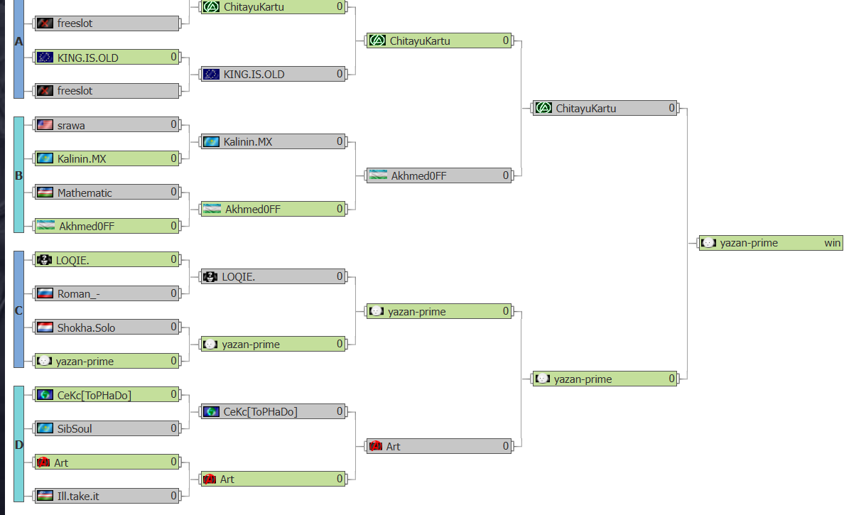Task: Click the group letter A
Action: click(x=18, y=41)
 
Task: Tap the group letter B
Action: click(x=18, y=175)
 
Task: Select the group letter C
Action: click(x=18, y=310)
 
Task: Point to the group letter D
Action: click(x=18, y=445)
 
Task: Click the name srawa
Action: click(x=71, y=126)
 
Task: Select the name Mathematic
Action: click(x=85, y=193)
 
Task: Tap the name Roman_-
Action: click(x=78, y=294)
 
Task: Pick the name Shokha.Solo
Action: click(x=86, y=327)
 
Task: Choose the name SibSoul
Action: click(x=75, y=428)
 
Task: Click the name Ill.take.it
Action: click(x=78, y=496)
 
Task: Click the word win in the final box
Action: click(x=832, y=243)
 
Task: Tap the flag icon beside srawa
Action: click(x=45, y=125)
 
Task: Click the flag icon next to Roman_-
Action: click(x=45, y=293)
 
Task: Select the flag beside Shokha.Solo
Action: click(x=45, y=327)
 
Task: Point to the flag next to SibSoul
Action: click(x=45, y=428)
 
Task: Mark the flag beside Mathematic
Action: click(x=45, y=193)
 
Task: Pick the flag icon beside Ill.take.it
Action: click(x=45, y=495)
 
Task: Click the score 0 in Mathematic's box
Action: click(x=173, y=192)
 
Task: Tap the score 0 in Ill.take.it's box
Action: click(x=173, y=495)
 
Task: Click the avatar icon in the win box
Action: click(x=708, y=242)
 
